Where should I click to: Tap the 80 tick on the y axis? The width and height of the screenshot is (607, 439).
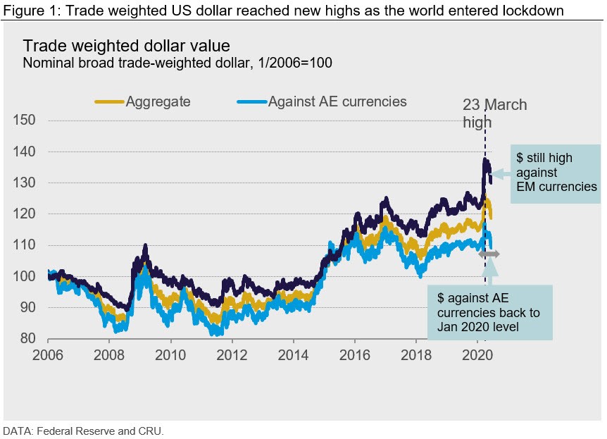(x=28, y=338)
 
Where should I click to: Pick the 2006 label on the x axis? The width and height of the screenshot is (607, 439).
(x=48, y=355)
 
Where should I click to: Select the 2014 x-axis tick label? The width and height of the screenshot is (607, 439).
(x=293, y=355)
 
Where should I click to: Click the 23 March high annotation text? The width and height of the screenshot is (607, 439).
(x=494, y=113)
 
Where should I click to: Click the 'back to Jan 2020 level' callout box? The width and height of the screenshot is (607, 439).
(x=489, y=311)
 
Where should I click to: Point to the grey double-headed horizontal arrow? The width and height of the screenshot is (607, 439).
(x=489, y=254)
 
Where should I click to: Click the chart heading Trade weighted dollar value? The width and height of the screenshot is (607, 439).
(x=126, y=46)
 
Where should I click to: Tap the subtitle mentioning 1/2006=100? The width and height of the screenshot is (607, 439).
(x=177, y=62)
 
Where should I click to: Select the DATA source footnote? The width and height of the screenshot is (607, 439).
(x=83, y=430)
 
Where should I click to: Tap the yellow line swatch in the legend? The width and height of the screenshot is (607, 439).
(x=109, y=102)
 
